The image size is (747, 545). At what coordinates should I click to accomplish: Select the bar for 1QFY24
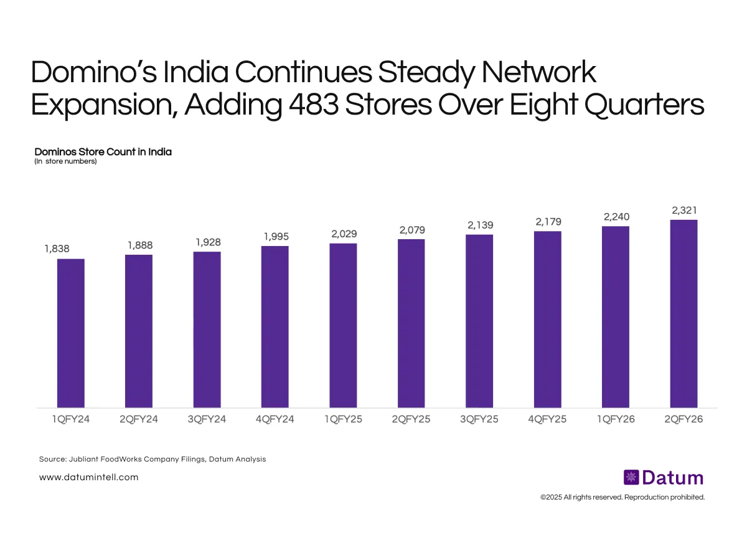tap(70, 333)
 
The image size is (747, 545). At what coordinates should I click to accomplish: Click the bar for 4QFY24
tap(275, 327)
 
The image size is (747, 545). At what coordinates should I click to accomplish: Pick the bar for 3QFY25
tap(479, 321)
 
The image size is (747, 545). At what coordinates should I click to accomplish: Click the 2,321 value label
tap(684, 211)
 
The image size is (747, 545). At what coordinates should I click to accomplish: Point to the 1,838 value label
tap(57, 249)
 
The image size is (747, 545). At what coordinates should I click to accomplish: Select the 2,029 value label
tap(343, 234)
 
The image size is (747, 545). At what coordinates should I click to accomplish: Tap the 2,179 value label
tap(547, 222)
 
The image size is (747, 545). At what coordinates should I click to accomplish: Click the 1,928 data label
tap(207, 242)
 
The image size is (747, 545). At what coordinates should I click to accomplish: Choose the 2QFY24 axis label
tap(138, 419)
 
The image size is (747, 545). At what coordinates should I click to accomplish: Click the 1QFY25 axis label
tap(343, 419)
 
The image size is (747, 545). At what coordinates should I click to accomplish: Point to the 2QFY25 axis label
tap(411, 419)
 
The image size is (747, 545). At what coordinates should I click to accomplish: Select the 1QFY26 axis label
tap(616, 419)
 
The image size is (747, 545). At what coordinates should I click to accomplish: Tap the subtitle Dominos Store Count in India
tap(103, 151)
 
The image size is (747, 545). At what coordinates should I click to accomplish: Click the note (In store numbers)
tap(65, 162)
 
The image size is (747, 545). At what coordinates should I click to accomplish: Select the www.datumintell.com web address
tap(88, 477)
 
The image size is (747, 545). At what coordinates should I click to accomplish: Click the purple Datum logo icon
tap(631, 478)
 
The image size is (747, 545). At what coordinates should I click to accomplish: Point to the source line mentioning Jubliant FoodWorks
tap(152, 459)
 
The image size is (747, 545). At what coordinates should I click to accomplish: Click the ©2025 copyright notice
tap(622, 497)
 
